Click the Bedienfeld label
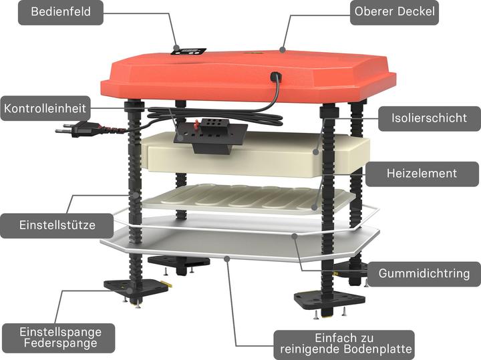tap(61, 12)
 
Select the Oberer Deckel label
tap(395, 12)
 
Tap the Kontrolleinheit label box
tap(45, 108)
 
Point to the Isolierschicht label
tap(429, 118)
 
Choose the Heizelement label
tap(422, 174)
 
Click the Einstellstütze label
tap(57, 225)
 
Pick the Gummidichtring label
tap(424, 274)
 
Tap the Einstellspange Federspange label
tap(60, 337)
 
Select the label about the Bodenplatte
tap(346, 344)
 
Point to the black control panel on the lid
tap(188, 51)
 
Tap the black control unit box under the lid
tap(210, 135)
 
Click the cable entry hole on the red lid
tap(275, 75)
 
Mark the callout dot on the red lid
tap(283, 49)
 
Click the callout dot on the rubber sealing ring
tap(295, 236)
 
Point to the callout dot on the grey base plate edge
tap(226, 259)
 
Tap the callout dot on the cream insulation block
tap(316, 152)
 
